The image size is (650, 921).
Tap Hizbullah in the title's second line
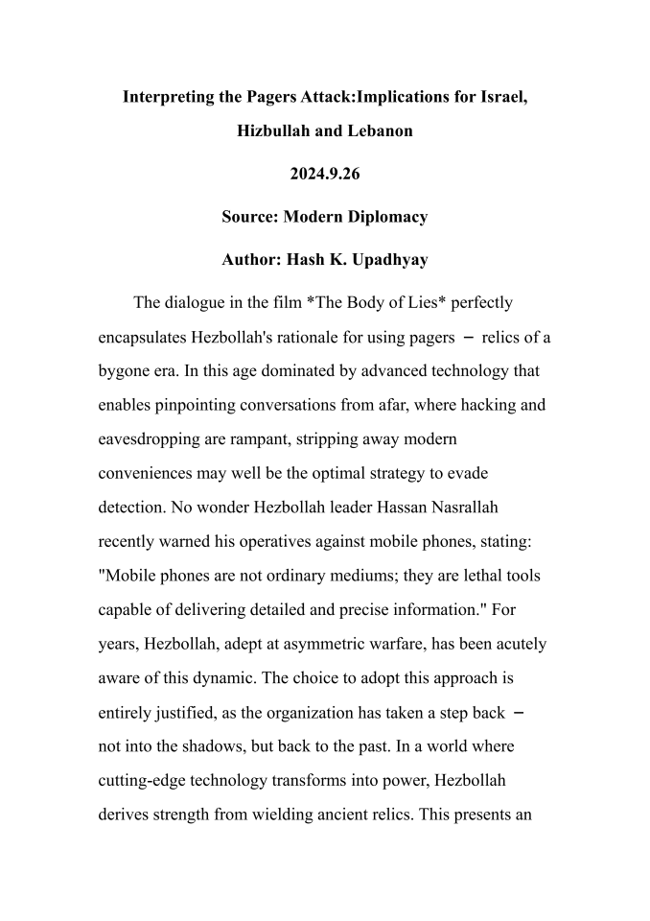pos(276,130)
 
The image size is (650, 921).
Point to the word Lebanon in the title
pos(376,130)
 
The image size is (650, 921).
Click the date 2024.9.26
pos(324,174)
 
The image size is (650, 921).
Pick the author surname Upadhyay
pos(381,259)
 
